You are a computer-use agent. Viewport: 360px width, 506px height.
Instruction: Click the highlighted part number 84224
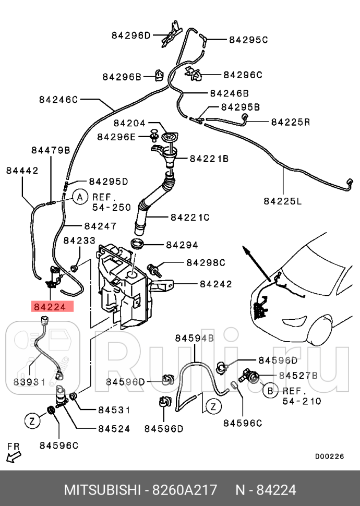coord(53,307)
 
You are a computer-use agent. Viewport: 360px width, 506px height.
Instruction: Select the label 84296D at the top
coord(130,35)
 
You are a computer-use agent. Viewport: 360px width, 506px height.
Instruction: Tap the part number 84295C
coord(248,40)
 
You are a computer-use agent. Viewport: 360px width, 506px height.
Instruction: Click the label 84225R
coord(291,122)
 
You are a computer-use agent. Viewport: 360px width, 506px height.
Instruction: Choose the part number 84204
coord(129,124)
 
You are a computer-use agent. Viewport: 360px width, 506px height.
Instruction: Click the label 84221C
coord(189,217)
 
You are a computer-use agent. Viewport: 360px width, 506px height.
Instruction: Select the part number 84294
coord(182,244)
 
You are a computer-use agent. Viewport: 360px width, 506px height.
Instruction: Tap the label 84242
coord(215,284)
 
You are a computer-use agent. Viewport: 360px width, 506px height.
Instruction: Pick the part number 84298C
coord(206,262)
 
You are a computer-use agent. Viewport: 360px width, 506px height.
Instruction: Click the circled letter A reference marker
coord(79,197)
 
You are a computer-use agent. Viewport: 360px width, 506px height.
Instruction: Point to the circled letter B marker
coord(270,391)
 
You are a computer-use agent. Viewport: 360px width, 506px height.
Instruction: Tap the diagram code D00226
coord(329,456)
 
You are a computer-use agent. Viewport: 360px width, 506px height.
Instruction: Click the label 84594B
coord(195,339)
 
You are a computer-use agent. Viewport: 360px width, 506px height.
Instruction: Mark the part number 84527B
coord(298,375)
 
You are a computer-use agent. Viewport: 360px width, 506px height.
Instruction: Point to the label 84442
coord(22,170)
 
